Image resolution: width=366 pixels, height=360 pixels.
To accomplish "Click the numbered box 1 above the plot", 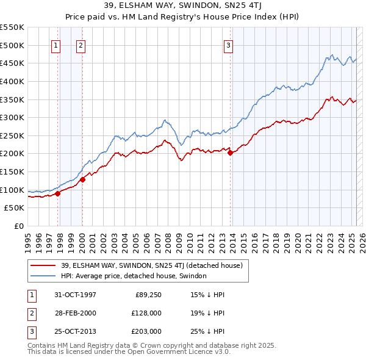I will click(x=56, y=45).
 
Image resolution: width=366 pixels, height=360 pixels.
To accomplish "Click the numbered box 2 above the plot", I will click(x=81, y=45).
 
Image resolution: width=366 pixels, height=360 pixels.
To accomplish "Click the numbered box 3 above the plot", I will click(x=228, y=45).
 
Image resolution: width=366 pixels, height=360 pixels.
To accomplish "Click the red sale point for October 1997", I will click(x=58, y=193).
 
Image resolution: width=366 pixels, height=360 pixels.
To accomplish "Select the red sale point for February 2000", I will click(x=82, y=179).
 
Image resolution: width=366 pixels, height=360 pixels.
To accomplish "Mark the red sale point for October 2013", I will click(x=231, y=153).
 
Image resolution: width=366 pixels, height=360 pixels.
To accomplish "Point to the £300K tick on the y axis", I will click(x=12, y=117).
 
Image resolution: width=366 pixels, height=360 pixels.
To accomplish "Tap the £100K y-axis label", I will click(x=12, y=190).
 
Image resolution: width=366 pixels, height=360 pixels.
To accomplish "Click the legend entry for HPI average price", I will click(x=134, y=276).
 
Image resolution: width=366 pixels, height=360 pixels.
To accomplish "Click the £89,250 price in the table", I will click(x=148, y=295).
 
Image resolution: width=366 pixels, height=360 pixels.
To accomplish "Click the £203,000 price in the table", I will click(x=146, y=331).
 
